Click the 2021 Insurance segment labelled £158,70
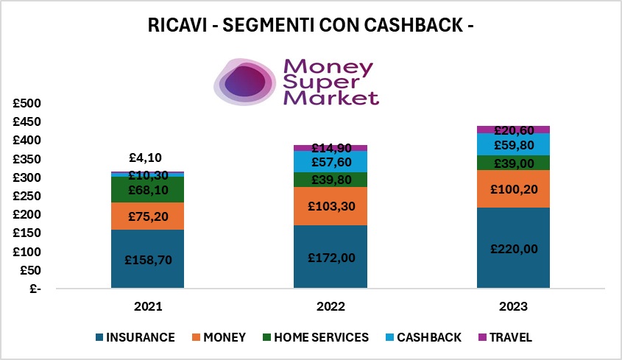147,259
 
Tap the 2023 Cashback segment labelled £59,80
512,144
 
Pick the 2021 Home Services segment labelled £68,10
147,190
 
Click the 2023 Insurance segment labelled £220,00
512,248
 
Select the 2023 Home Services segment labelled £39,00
512,163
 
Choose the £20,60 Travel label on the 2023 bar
512,130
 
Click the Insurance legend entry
135,338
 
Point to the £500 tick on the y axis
29,103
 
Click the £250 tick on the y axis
29,196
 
